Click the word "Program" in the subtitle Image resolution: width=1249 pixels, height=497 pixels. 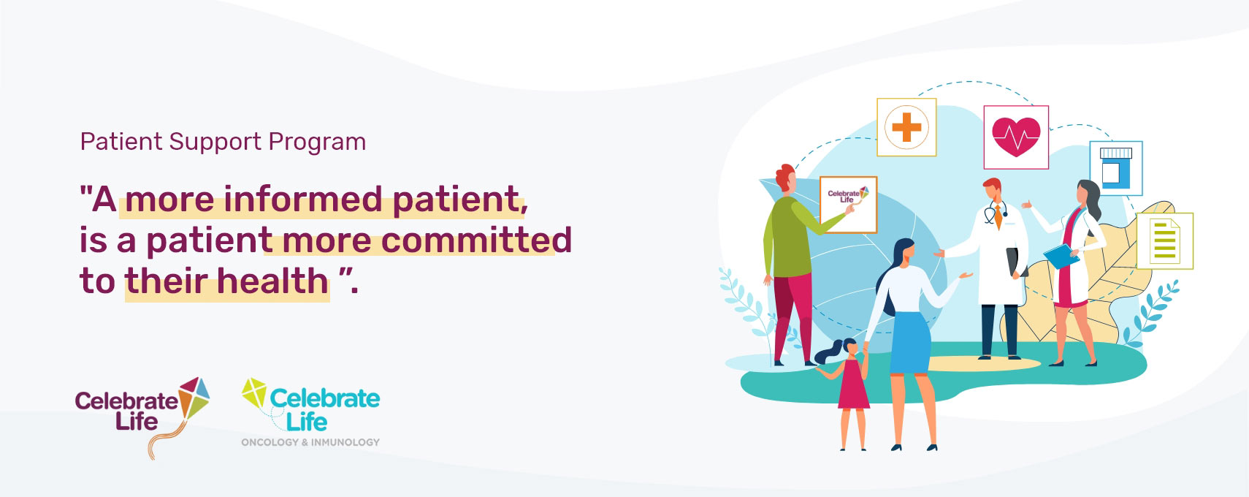317,143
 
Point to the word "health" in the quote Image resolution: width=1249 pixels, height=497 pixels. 272,280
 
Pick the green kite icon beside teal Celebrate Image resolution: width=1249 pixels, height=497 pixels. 254,392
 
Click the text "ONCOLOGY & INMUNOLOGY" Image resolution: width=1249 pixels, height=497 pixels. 310,442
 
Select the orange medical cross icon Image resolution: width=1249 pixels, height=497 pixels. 906,127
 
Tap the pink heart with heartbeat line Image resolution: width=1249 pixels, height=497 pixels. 1016,137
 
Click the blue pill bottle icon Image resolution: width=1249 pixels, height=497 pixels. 1116,168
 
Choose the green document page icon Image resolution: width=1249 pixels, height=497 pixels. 1165,241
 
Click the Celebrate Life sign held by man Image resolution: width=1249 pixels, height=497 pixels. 848,205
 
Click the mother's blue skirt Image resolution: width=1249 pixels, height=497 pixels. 910,343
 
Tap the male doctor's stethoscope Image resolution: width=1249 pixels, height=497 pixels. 996,213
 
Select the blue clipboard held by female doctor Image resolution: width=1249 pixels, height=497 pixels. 1061,256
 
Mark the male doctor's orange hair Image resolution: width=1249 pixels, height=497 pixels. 992,184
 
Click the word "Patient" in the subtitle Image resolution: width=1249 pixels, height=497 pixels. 121,142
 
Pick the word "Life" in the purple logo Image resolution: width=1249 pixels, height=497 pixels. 137,421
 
